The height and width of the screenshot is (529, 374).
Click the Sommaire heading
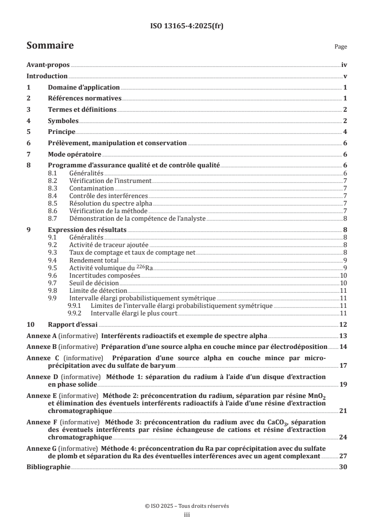50,46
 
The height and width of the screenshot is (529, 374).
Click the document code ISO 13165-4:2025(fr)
187,26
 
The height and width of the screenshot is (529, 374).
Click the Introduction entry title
47,76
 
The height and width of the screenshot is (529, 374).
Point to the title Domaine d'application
84,88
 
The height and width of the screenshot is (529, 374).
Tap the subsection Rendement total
94,260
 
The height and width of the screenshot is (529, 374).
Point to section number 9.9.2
75,313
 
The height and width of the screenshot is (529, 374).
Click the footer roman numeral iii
187,515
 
